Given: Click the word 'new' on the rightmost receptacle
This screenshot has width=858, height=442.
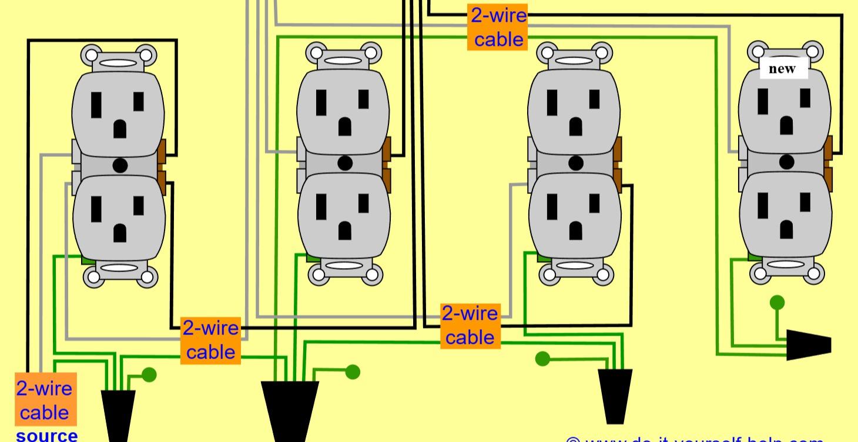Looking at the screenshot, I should (782, 69).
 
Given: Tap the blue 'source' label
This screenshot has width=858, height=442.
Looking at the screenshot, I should (46, 436).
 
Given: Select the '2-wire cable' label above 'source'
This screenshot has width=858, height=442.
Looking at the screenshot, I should (46, 399).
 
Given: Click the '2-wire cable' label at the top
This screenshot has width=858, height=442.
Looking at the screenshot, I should (498, 27).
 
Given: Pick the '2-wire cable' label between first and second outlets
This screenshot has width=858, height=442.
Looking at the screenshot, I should (210, 340).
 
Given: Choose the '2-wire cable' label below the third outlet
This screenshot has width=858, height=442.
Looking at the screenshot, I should (470, 325).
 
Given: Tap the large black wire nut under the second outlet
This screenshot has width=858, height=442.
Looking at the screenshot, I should (290, 411).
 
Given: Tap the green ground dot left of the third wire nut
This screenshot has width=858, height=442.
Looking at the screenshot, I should (542, 358).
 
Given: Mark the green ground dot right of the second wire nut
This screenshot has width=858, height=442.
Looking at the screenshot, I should (353, 371).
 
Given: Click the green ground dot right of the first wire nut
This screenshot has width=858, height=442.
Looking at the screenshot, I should (150, 374).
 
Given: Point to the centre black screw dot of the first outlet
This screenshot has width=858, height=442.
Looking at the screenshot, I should (120, 165).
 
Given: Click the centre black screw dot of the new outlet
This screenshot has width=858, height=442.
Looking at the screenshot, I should (786, 161).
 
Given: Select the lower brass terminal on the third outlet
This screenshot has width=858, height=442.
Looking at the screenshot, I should (617, 178).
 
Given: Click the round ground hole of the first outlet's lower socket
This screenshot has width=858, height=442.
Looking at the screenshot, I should (120, 233).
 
